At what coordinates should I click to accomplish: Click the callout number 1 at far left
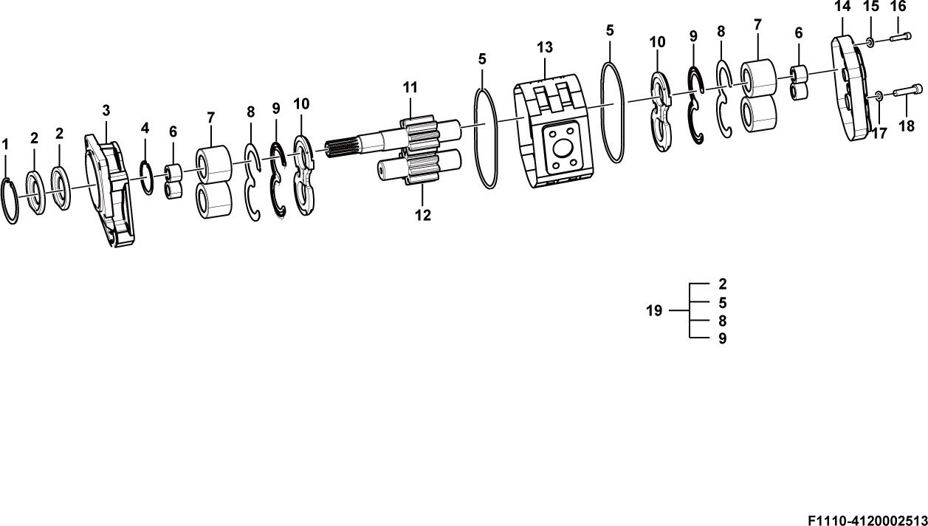5,145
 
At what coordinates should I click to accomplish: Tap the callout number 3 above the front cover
106,111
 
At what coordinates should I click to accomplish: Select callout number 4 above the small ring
145,129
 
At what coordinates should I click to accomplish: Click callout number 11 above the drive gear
410,87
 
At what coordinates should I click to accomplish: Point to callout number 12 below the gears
423,215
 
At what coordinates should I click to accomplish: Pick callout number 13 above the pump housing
545,48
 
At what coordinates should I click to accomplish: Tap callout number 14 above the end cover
842,7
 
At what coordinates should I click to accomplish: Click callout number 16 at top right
898,6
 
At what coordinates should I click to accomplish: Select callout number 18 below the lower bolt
907,126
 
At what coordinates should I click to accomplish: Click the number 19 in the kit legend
654,310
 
